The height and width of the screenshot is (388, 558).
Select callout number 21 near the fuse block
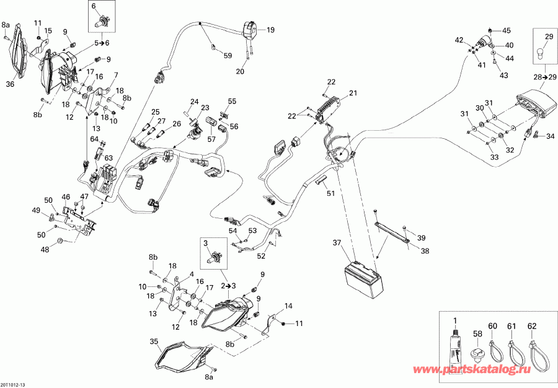click(x=353, y=94)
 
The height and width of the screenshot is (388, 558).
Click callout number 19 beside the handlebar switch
click(x=270, y=29)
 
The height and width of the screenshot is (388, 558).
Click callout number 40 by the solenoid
click(x=509, y=45)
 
